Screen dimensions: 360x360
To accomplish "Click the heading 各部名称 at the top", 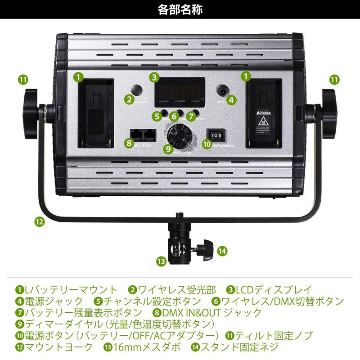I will pos(180,9).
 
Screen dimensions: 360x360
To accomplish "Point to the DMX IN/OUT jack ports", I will pos(142,135).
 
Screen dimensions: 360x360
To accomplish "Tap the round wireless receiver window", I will pos(139,91).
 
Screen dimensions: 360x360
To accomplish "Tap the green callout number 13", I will pos(162,261).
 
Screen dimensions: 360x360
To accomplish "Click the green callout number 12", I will pos(39,221).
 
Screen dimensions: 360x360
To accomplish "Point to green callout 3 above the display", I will pos(154,77).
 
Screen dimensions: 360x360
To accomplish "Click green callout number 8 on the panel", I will pos(130,143).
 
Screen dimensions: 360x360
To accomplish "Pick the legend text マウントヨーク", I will pos(59,347).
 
